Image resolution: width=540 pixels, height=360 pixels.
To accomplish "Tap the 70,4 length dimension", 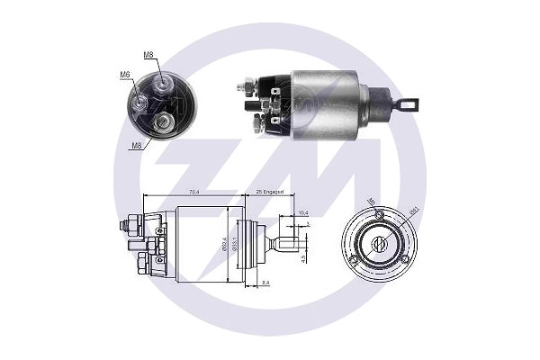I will pyautogui.click(x=193, y=191).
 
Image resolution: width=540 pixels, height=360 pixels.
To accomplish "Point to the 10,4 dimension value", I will pyautogui.click(x=303, y=212).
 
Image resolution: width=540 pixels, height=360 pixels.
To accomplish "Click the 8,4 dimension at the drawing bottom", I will pyautogui.click(x=265, y=283).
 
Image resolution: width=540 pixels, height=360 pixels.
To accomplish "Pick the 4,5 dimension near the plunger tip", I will pyautogui.click(x=304, y=258).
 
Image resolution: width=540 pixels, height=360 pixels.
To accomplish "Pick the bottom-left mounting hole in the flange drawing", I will pyautogui.click(x=354, y=259).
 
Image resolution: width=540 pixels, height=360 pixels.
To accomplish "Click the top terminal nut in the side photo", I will pyautogui.click(x=244, y=87).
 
